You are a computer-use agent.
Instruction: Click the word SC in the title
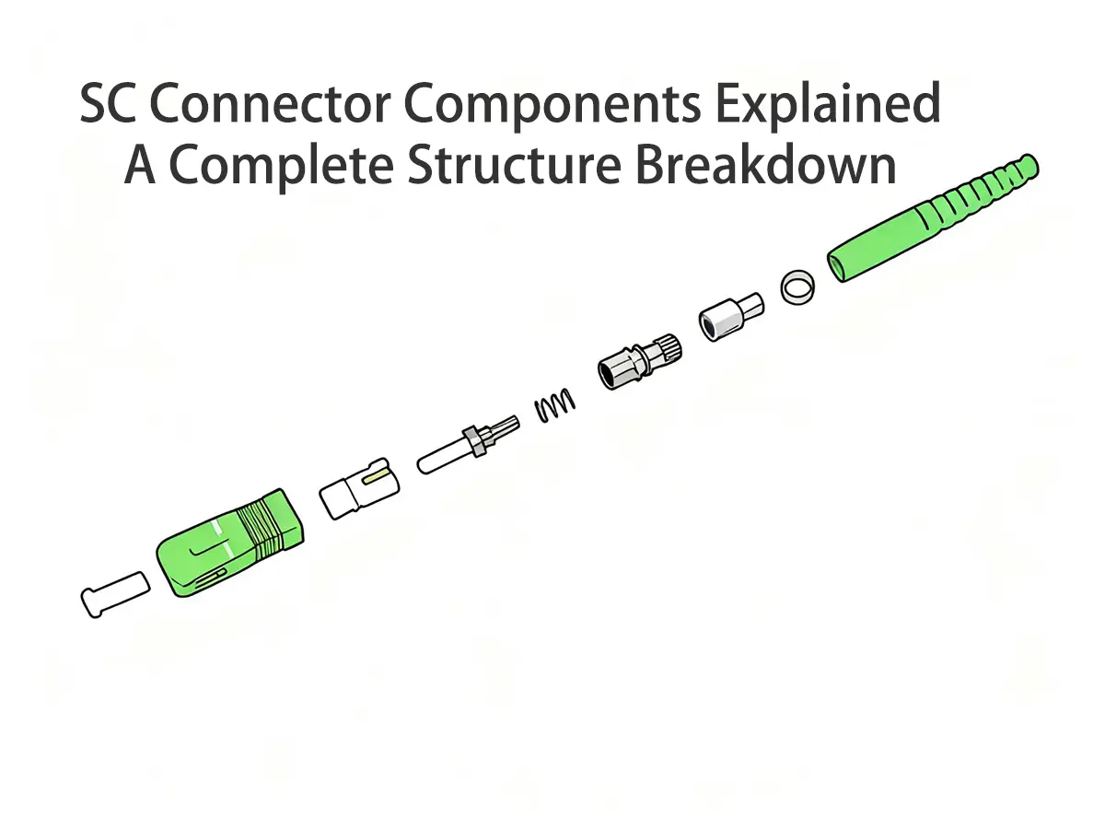tap(109, 105)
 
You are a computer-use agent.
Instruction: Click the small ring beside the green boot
tap(797, 288)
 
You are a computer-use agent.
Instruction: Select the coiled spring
tap(555, 404)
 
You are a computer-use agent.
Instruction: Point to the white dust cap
tap(115, 594)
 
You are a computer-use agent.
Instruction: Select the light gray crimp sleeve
tap(732, 317)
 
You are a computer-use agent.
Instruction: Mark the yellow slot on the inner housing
tap(376, 476)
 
